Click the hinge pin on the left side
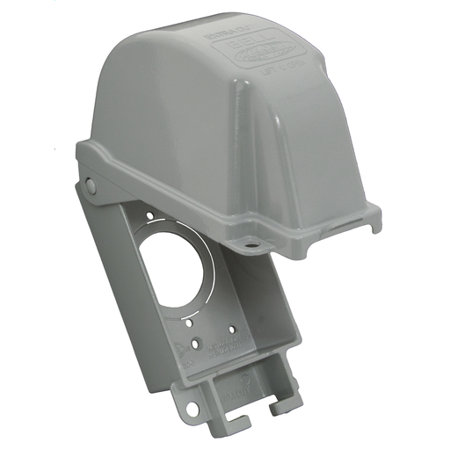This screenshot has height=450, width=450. [91, 185]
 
